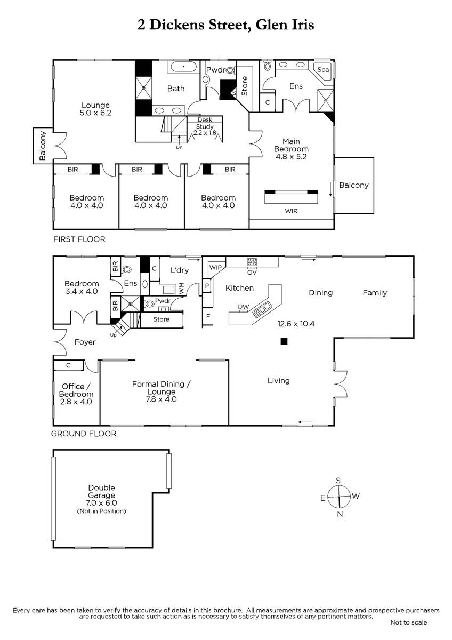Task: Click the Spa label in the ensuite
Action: click(323, 70)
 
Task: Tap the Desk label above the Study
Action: click(205, 119)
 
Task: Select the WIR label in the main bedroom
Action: click(291, 211)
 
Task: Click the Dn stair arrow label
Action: click(179, 147)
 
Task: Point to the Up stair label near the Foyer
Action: click(113, 335)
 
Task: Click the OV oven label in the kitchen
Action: click(252, 273)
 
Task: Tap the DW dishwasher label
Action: click(244, 307)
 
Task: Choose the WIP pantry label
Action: click(215, 267)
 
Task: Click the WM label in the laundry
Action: click(182, 289)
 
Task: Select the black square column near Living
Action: click(284, 341)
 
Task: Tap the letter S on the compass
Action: click(338, 481)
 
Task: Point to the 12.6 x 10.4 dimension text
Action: click(296, 324)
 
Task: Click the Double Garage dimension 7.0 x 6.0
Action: click(101, 502)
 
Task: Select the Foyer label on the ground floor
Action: click(85, 342)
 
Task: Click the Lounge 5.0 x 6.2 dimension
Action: click(95, 113)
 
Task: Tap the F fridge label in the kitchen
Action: click(208, 316)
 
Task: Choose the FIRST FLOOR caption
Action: click(79, 239)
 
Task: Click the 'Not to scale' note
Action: click(408, 622)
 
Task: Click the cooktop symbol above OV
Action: click(252, 262)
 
